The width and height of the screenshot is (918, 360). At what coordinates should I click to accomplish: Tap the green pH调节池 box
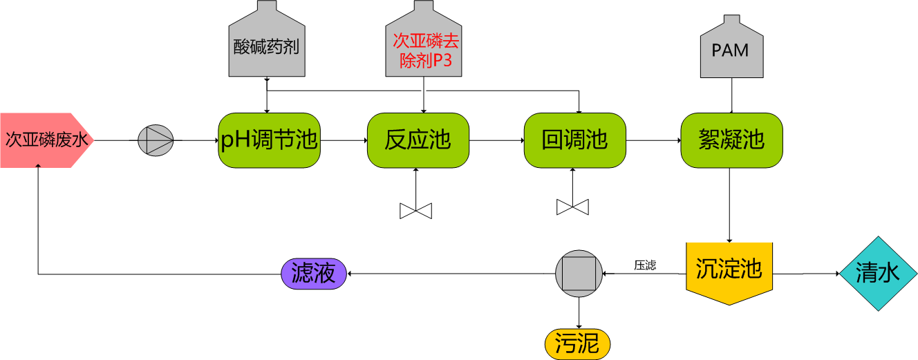click(x=269, y=140)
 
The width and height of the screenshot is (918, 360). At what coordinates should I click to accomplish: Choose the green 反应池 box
click(x=418, y=140)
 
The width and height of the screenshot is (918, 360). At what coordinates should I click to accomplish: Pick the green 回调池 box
click(x=575, y=140)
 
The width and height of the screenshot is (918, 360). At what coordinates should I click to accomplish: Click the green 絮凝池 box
click(x=731, y=140)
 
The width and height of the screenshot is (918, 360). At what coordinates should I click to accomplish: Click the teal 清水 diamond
click(x=878, y=274)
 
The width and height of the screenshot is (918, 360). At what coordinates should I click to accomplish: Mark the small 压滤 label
click(x=645, y=265)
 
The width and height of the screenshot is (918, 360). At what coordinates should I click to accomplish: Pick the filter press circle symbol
click(x=579, y=274)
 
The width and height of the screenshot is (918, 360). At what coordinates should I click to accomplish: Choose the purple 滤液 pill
click(x=314, y=274)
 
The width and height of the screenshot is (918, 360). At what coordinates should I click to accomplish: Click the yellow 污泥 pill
click(x=578, y=343)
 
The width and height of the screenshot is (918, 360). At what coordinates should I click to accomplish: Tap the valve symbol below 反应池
click(x=415, y=210)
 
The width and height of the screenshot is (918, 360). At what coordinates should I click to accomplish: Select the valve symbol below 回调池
click(x=572, y=207)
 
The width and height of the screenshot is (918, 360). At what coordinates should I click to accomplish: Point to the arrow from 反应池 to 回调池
click(x=496, y=140)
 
